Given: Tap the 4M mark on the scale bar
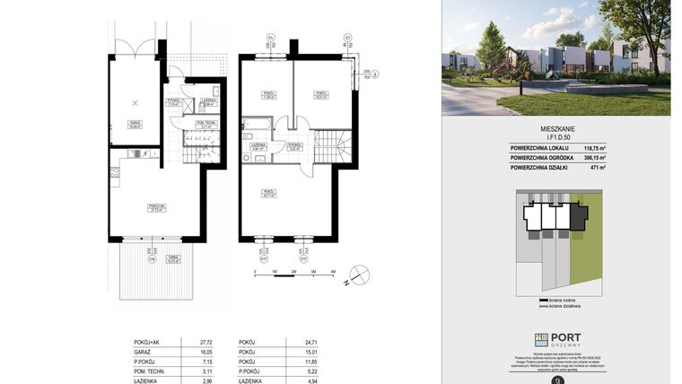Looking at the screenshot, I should (332, 271).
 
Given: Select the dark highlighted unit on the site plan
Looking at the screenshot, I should (578, 216).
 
